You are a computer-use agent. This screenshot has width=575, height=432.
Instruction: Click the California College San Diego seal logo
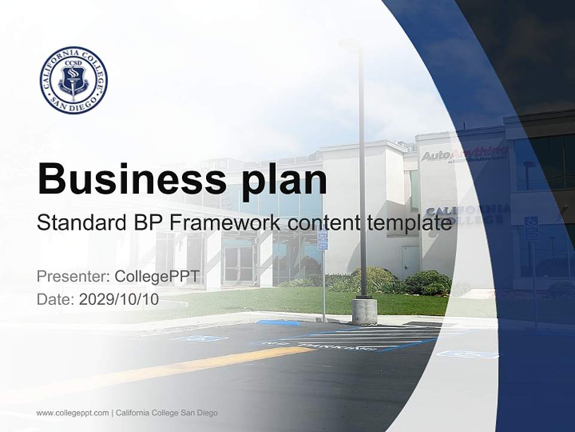[74, 80]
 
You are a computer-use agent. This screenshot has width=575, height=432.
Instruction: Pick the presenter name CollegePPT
[157, 277]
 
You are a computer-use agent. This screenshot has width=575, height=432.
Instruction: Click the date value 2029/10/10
[119, 299]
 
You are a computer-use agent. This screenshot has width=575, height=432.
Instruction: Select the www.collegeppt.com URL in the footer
[72, 413]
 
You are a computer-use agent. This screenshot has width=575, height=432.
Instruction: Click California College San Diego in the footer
[167, 413]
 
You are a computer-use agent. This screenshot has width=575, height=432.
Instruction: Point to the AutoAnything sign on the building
[464, 154]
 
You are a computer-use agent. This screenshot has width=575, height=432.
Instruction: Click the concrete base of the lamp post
[364, 311]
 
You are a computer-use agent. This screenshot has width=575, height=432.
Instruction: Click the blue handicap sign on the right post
[531, 229]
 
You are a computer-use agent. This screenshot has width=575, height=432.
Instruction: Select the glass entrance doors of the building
[239, 265]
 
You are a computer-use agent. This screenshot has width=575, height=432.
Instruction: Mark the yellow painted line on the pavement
[180, 368]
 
